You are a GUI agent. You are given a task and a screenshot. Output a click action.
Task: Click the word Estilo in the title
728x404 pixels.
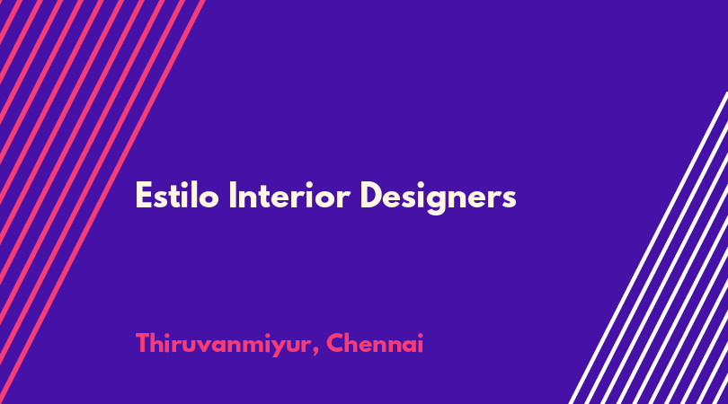[177, 196]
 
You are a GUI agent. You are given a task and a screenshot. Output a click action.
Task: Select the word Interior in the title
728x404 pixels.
[289, 196]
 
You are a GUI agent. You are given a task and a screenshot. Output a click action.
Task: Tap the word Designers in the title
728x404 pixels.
[438, 198]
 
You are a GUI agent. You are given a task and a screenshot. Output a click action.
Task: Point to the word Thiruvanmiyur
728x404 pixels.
[222, 345]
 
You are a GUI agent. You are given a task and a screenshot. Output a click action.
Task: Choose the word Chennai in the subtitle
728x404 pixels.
[375, 344]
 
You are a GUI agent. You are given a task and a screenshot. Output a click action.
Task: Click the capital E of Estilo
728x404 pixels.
[144, 196]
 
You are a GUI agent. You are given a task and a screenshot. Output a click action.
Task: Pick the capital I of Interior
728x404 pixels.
[233, 196]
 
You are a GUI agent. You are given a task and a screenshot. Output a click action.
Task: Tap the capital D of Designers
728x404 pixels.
[372, 196]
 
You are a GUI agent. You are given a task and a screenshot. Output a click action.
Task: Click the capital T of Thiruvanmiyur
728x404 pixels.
[144, 344]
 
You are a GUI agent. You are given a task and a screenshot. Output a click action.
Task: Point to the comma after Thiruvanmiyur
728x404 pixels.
[315, 353]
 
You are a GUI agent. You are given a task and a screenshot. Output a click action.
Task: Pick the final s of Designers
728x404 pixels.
[509, 199]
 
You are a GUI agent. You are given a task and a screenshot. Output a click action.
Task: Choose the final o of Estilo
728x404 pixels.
[209, 199]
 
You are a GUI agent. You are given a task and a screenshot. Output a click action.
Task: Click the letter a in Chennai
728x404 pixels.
[407, 347]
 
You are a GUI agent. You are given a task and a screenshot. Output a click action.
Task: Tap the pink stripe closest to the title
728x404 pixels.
[102, 202]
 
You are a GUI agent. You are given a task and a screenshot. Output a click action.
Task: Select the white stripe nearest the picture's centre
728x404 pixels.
[648, 248]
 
